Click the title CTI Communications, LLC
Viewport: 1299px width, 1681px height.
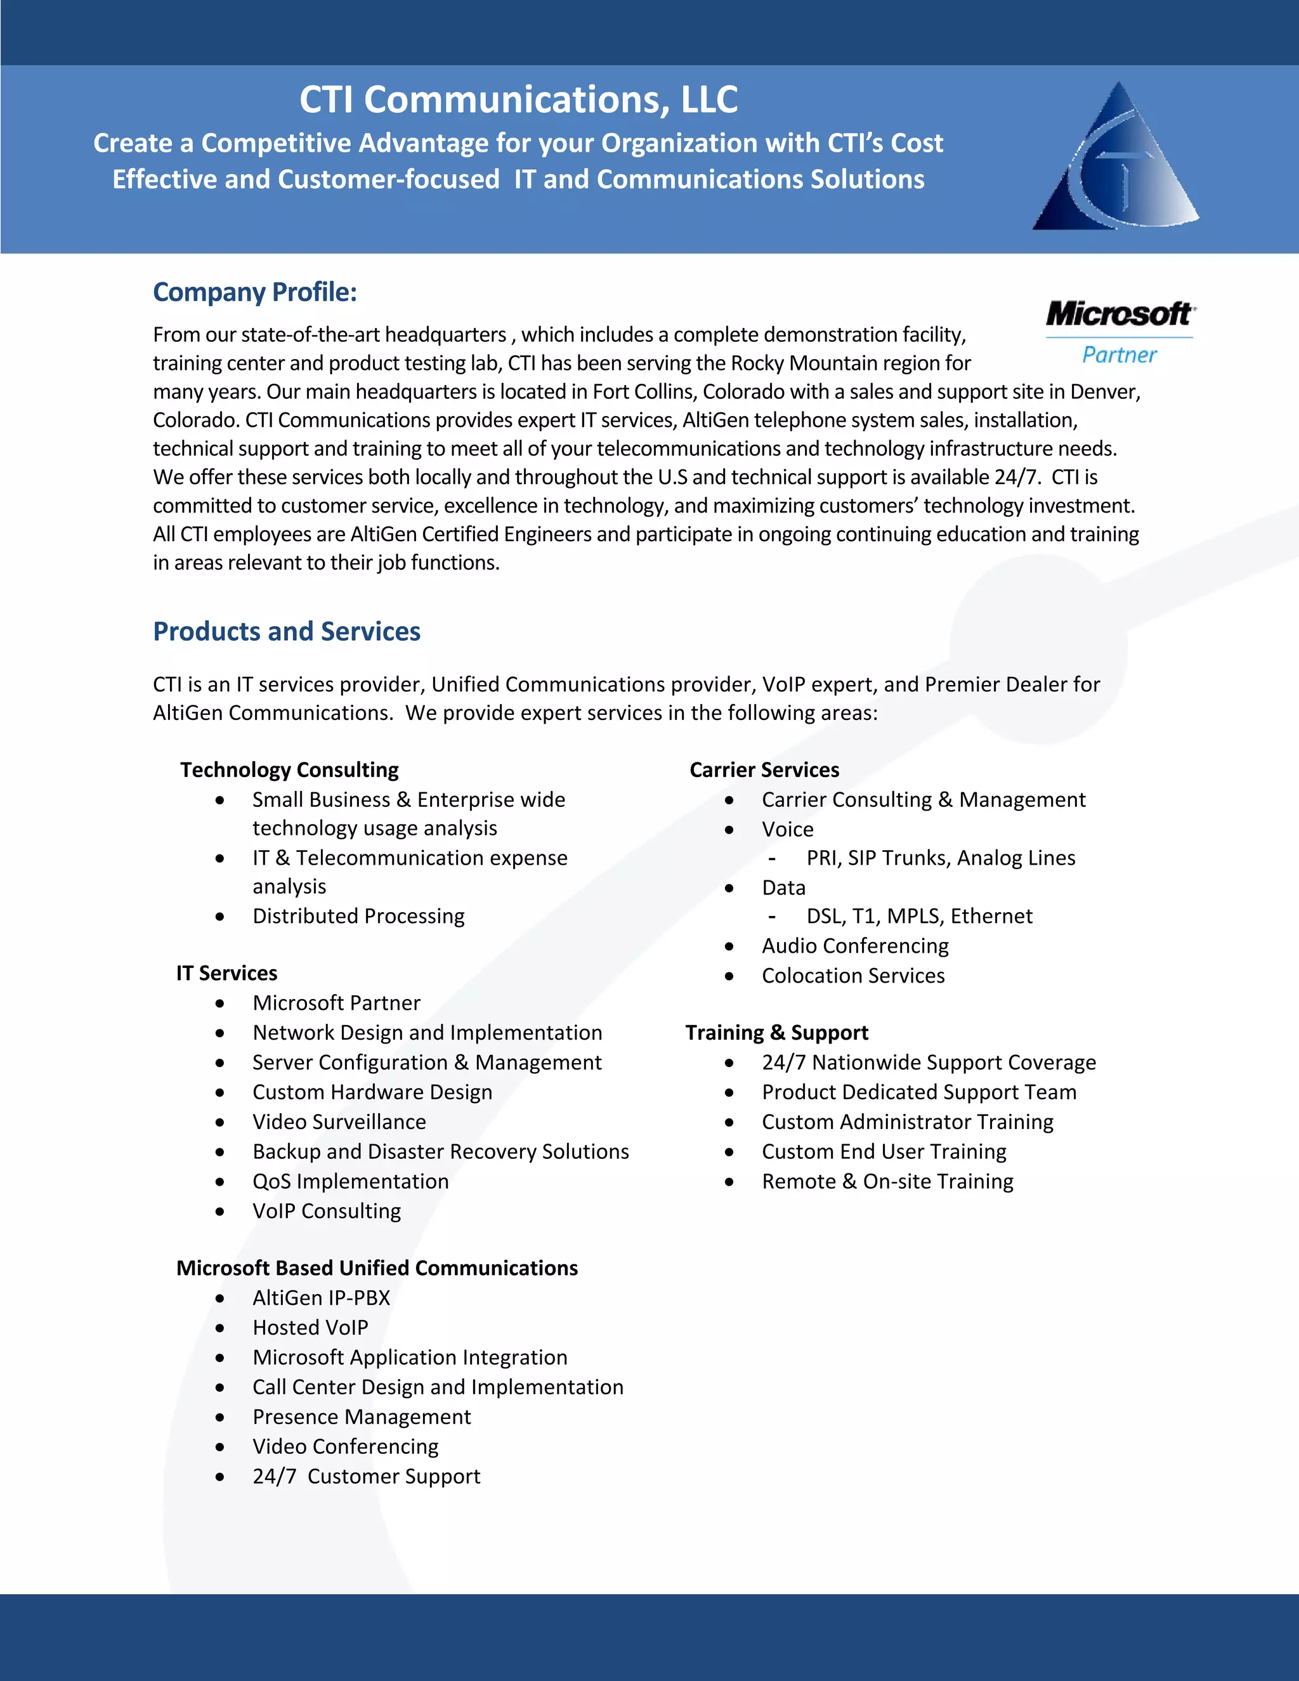pyautogui.click(x=518, y=100)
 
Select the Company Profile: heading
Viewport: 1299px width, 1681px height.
pyautogui.click(x=255, y=292)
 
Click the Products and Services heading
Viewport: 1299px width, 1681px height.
pyautogui.click(x=286, y=631)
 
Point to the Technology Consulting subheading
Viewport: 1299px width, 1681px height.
pyautogui.click(x=289, y=769)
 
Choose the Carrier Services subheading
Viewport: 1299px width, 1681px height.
pyautogui.click(x=764, y=769)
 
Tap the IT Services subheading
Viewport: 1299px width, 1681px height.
pyautogui.click(x=226, y=973)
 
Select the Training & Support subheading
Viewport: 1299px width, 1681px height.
pyautogui.click(x=776, y=1032)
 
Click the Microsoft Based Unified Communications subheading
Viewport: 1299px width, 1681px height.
pyautogui.click(x=377, y=1267)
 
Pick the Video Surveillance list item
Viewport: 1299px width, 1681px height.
pyautogui.click(x=339, y=1122)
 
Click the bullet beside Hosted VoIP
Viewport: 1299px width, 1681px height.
pyautogui.click(x=220, y=1328)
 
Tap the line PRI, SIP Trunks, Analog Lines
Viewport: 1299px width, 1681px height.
pyautogui.click(x=941, y=858)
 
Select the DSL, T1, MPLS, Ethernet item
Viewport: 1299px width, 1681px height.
pyautogui.click(x=919, y=916)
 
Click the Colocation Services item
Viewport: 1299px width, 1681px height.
pyautogui.click(x=852, y=975)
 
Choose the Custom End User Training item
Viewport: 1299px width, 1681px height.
pyautogui.click(x=884, y=1151)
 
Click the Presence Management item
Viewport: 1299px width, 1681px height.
pyautogui.click(x=362, y=1416)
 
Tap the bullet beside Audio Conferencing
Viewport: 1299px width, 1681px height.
pyautogui.click(x=729, y=946)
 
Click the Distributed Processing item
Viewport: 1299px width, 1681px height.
pyautogui.click(x=358, y=916)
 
